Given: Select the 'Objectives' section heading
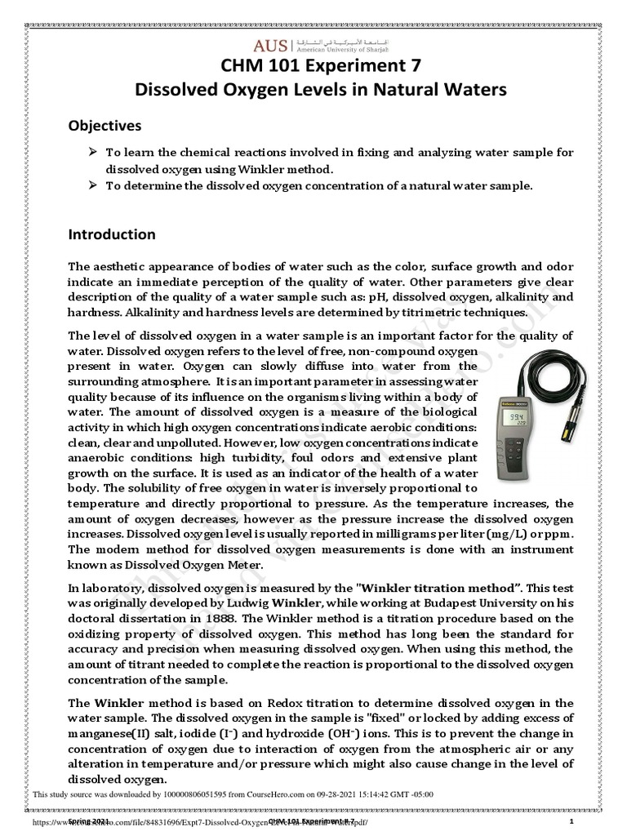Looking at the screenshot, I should (x=104, y=126).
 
